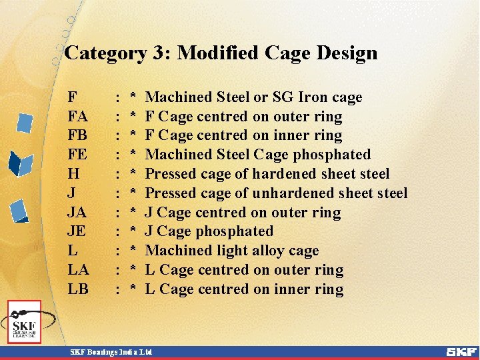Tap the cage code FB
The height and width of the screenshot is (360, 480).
tap(77, 136)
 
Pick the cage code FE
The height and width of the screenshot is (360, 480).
tap(77, 155)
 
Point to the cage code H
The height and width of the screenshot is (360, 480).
tap(73, 174)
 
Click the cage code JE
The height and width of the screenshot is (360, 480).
tap(77, 231)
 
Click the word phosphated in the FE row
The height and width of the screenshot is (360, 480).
tap(331, 155)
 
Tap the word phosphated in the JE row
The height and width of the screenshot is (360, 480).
tap(234, 231)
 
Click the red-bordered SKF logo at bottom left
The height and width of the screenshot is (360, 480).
tap(24, 322)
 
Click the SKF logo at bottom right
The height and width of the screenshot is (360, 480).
tap(461, 351)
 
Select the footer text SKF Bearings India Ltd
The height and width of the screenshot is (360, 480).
tap(111, 351)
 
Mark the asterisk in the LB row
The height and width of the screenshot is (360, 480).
tap(133, 289)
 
